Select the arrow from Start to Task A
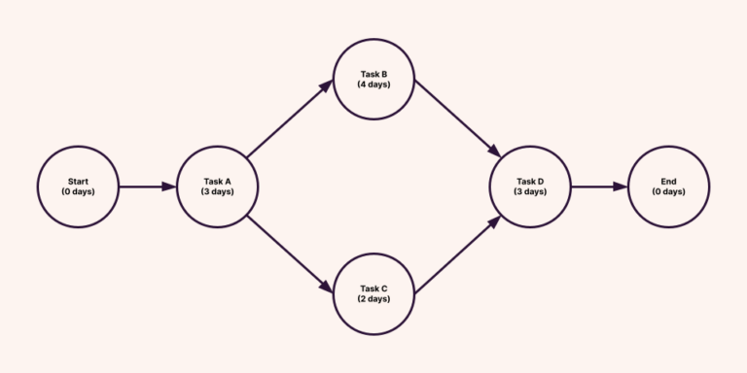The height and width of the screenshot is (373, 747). (147, 186)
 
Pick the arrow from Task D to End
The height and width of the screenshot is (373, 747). (599, 186)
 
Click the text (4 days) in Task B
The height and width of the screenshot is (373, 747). (373, 85)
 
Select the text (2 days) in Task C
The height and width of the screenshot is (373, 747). (373, 299)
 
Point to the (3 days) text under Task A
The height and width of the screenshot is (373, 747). (217, 191)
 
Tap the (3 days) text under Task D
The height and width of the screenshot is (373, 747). (530, 191)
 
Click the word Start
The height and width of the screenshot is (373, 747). (78, 181)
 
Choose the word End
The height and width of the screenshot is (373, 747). (668, 181)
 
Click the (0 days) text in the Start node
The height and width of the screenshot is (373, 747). (78, 191)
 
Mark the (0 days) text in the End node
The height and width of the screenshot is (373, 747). (668, 191)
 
